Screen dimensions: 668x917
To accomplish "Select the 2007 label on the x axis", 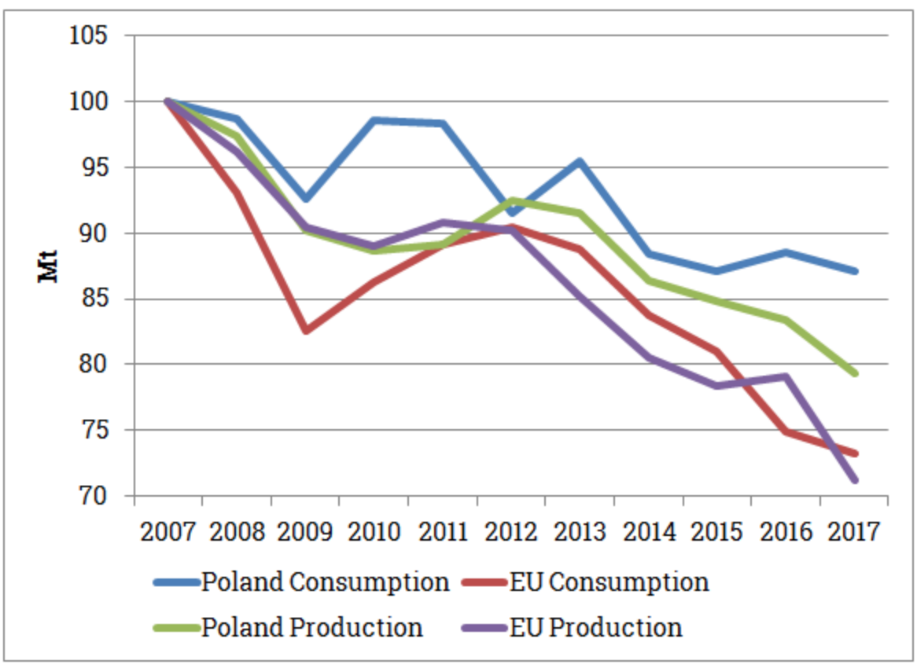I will (x=168, y=531).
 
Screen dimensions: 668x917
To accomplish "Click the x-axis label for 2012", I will (x=511, y=531).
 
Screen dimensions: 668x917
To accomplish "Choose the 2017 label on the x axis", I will (x=854, y=531).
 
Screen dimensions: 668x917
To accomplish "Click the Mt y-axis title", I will (x=49, y=266).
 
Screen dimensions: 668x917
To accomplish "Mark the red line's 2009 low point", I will (x=305, y=331).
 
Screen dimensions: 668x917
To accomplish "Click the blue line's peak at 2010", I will (x=374, y=120).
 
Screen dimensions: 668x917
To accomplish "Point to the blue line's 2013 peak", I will (x=580, y=161).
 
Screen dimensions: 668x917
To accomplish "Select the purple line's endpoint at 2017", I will (x=855, y=479).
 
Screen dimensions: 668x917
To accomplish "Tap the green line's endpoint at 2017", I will (x=855, y=373).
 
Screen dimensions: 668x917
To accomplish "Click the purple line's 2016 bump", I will (x=786, y=376).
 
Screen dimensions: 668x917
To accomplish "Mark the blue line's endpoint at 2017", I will (x=855, y=271).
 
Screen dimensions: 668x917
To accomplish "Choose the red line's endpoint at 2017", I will (x=855, y=453).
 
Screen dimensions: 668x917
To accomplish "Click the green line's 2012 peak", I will (x=511, y=200).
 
